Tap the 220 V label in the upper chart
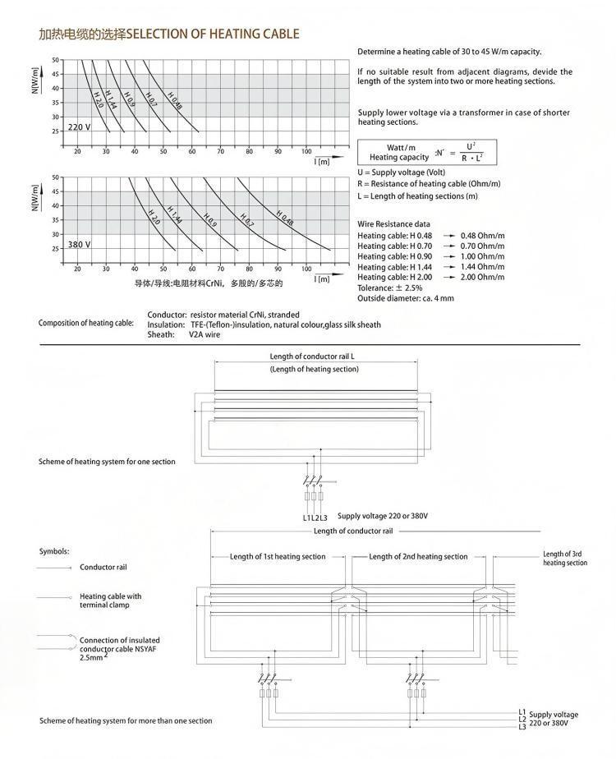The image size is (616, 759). click(79, 127)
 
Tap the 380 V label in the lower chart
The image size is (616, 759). click(79, 245)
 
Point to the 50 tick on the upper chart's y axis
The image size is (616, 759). click(56, 60)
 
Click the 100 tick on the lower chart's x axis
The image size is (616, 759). click(307, 269)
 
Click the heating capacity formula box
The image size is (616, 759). click(426, 151)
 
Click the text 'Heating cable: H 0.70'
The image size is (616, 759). click(394, 246)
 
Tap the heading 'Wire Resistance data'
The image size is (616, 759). click(393, 224)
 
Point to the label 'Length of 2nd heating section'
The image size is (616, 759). click(418, 556)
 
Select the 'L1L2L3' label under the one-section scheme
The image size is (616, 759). click(315, 517)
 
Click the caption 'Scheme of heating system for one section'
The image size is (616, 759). click(107, 462)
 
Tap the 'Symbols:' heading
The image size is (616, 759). click(54, 551)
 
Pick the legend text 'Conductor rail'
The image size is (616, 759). click(103, 567)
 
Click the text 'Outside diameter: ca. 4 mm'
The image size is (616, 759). click(406, 298)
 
